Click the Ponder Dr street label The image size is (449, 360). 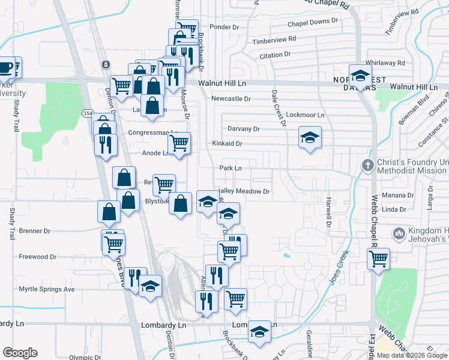pyautogui.click(x=224, y=27)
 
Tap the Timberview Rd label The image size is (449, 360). pyautogui.click(x=274, y=40)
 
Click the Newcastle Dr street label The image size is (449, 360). pyautogui.click(x=231, y=98)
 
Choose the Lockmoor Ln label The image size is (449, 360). pyautogui.click(x=305, y=115)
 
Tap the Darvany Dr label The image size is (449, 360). pyautogui.click(x=243, y=129)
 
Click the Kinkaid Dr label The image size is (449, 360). pyautogui.click(x=227, y=144)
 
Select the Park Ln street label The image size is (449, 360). pyautogui.click(x=231, y=169)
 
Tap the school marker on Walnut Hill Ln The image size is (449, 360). pyautogui.click(x=360, y=75)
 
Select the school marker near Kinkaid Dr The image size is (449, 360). pyautogui.click(x=310, y=138)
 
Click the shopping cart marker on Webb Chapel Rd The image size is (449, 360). pyautogui.click(x=378, y=259)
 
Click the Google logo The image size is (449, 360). pyautogui.click(x=20, y=353)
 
